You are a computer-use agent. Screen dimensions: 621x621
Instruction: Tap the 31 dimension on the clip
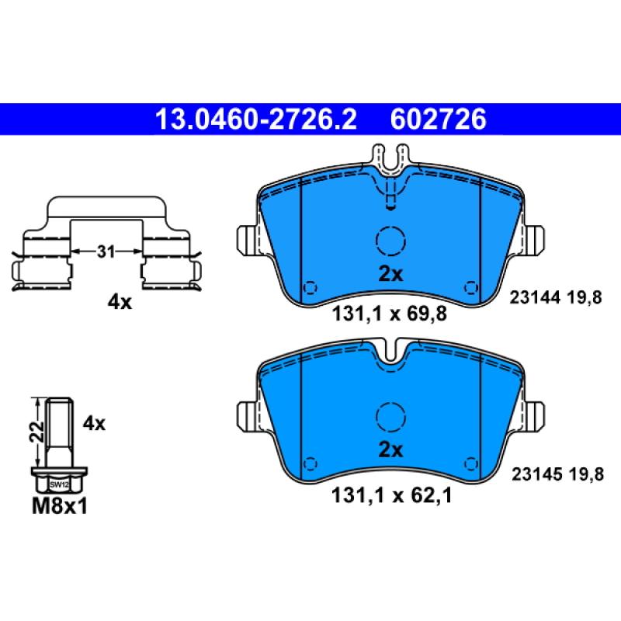(106, 252)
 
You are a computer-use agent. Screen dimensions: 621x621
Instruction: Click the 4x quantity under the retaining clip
(120, 302)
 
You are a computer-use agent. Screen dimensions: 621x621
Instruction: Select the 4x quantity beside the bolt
(93, 423)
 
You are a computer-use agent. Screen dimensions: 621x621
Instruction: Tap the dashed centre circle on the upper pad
(390, 241)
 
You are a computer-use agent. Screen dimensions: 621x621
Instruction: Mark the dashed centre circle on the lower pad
(390, 418)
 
